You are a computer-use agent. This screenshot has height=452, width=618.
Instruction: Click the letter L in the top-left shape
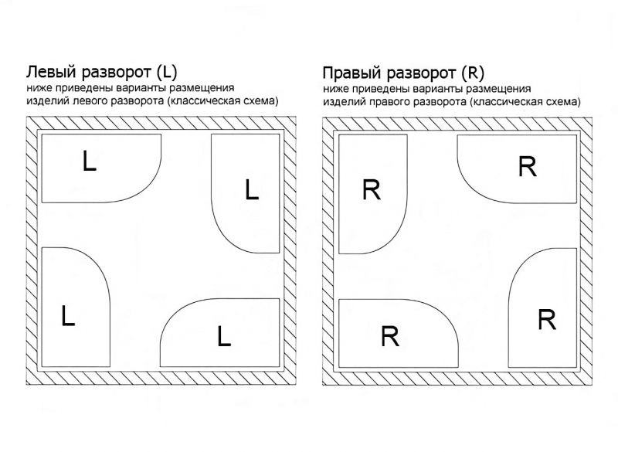pyautogui.click(x=90, y=161)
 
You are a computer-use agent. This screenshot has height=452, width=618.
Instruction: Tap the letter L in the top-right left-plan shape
pyautogui.click(x=251, y=189)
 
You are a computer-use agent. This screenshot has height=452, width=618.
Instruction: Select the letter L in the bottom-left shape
pyautogui.click(x=68, y=316)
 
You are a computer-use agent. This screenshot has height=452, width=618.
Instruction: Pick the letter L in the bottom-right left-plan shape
pyautogui.click(x=224, y=336)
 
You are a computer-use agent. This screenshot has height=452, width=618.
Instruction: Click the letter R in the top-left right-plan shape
pyautogui.click(x=371, y=190)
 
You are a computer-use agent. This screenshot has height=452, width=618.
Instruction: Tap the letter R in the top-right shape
pyautogui.click(x=527, y=166)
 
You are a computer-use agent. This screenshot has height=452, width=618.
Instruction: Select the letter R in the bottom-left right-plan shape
pyautogui.click(x=390, y=336)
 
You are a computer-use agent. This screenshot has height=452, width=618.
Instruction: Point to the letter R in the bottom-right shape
pyautogui.click(x=546, y=319)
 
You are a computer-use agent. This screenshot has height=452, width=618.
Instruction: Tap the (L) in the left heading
pyautogui.click(x=166, y=73)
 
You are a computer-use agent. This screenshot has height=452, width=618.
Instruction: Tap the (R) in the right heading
pyautogui.click(x=471, y=73)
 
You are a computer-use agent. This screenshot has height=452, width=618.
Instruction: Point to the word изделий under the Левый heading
pyautogui.click(x=46, y=101)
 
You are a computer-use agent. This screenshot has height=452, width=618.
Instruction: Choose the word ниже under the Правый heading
pyautogui.click(x=335, y=89)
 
